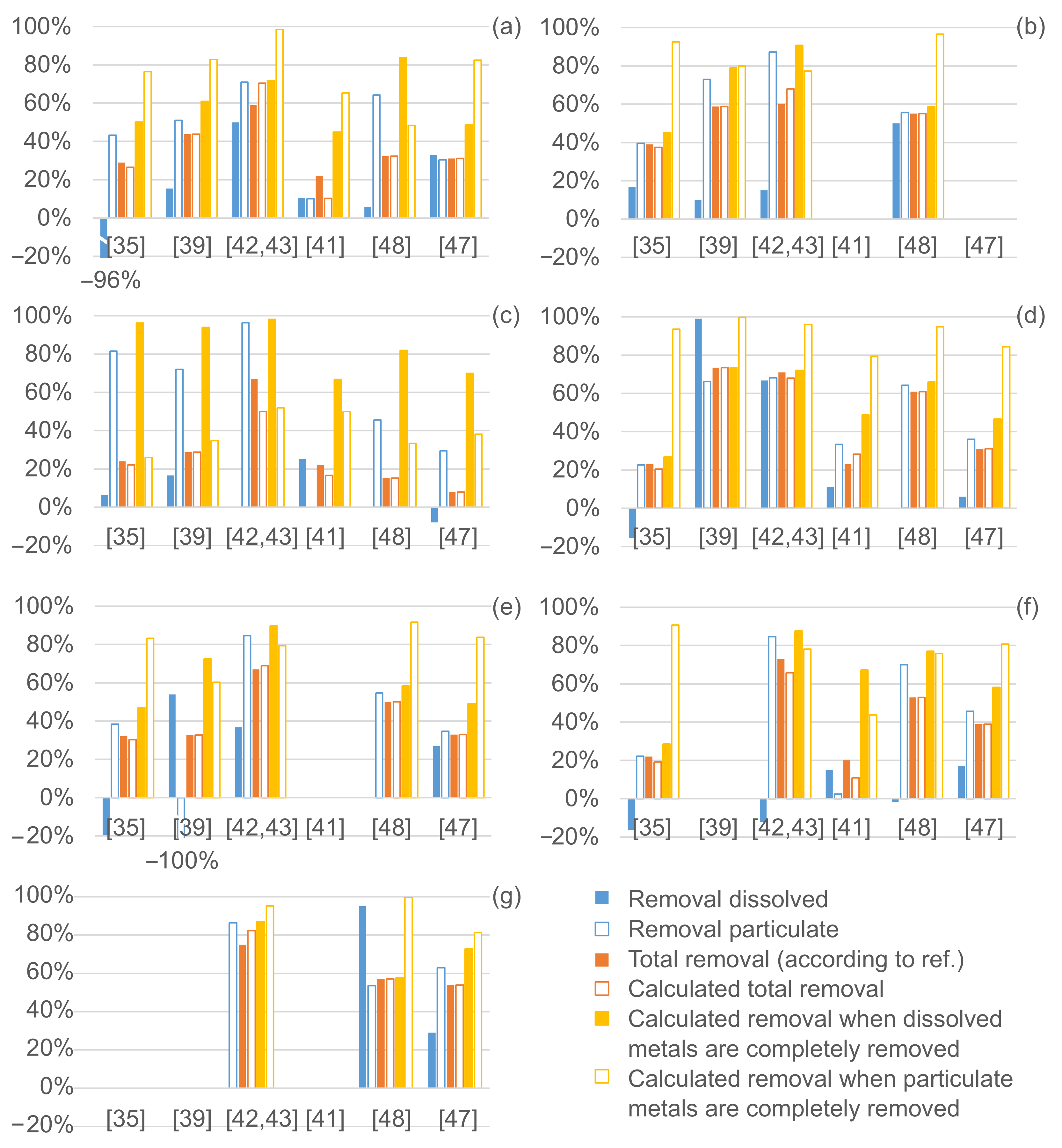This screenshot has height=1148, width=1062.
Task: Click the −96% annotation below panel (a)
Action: tap(111, 281)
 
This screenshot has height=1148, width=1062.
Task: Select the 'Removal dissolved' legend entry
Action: tap(728, 899)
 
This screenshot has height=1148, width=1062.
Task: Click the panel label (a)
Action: tap(506, 27)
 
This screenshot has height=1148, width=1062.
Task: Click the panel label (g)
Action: tap(506, 896)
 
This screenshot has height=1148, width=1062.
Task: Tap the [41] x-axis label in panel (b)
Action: tap(851, 246)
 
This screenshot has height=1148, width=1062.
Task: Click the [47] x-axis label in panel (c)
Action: tap(458, 537)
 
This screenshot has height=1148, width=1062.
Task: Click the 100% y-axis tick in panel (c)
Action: tap(42, 316)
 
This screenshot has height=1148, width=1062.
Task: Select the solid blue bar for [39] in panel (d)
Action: tap(698, 413)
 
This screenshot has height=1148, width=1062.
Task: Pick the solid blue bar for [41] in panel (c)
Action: tap(303, 483)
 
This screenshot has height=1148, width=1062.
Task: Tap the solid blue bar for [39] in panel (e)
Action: tap(172, 746)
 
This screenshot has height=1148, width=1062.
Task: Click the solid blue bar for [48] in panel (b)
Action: tap(896, 171)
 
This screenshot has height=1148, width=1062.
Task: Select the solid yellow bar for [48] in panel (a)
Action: tap(403, 137)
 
